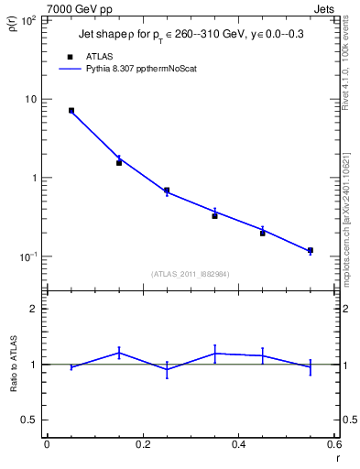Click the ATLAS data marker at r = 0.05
coord(71,111)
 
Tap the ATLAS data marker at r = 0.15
coord(119,162)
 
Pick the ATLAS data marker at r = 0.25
coord(167,191)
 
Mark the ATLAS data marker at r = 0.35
coord(214,215)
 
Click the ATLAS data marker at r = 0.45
coord(262,233)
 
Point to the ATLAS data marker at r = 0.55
coord(310,250)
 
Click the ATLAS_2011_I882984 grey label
coord(191,273)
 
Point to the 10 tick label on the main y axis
coord(30,99)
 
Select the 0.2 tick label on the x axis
coord(143,444)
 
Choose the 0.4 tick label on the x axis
coord(238,444)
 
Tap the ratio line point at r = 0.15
coord(119,352)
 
